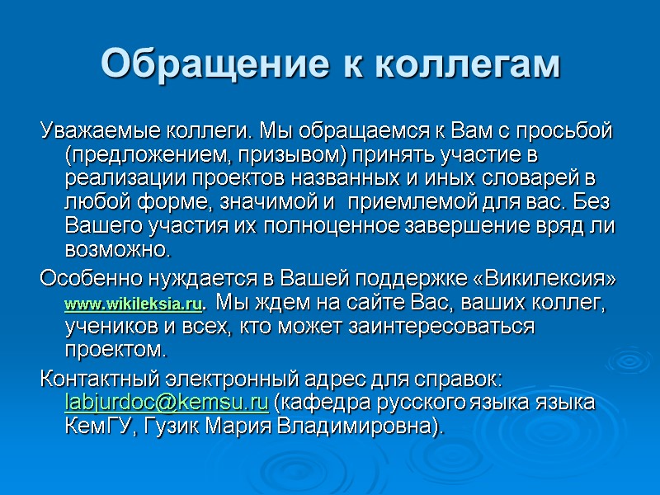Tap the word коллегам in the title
coord(467,64)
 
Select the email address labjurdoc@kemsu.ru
coord(166,403)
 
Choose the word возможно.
coord(116,248)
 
